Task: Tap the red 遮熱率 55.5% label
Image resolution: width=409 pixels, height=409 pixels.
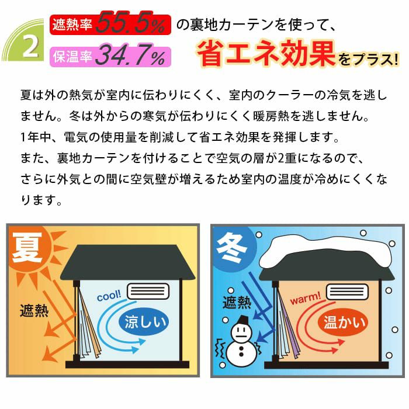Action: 110,25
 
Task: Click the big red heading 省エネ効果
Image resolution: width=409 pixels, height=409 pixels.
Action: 266,54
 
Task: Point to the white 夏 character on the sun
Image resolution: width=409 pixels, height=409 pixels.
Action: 27,247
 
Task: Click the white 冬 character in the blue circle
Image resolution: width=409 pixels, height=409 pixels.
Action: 231,248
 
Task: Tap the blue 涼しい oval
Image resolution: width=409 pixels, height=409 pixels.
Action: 144,322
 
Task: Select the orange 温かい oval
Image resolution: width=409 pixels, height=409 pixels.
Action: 344,322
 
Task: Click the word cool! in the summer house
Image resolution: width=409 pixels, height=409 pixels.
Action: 109,296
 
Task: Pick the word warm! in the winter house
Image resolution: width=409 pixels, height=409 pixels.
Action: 305,298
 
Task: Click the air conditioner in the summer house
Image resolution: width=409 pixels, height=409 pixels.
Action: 148,291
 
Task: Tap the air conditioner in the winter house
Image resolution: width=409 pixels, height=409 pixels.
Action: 347,292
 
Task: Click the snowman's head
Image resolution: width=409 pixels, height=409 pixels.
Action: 241,332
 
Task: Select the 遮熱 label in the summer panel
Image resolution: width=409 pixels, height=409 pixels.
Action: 34,311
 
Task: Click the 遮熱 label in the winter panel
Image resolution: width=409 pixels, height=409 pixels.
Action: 237,302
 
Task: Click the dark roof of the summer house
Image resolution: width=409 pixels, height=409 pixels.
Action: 128,262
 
